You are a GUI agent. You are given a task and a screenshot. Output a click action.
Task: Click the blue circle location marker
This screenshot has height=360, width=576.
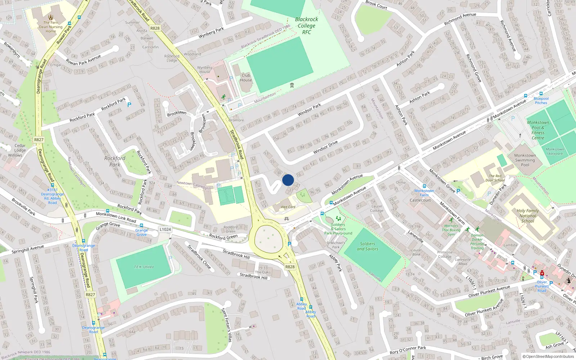[288, 180]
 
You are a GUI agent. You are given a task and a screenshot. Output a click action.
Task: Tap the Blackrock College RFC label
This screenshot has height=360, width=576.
[306, 26]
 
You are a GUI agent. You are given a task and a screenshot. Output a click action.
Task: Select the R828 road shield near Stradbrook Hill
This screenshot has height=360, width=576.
[290, 267]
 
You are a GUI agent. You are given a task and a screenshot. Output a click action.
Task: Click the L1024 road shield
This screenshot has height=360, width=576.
[165, 229]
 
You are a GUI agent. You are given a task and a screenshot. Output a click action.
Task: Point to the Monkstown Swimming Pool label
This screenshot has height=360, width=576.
[525, 160]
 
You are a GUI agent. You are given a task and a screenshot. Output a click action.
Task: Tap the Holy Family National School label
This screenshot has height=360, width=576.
[527, 216]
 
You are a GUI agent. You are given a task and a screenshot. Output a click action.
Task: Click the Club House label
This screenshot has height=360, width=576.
[246, 78]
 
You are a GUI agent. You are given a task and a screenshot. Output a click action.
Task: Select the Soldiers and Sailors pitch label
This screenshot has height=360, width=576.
[367, 246]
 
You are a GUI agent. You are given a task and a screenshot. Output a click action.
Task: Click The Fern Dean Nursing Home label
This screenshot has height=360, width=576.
[51, 27]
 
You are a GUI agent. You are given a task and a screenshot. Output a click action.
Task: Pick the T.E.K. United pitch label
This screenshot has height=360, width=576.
[144, 267]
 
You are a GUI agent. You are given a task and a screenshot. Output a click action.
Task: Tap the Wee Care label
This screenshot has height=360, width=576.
[288, 207]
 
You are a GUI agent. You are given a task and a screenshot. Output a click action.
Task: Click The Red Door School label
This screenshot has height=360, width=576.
[495, 178]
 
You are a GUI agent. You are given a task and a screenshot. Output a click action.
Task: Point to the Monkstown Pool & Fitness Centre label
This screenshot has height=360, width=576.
[538, 130]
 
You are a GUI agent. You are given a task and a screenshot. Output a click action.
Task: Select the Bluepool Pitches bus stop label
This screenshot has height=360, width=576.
[541, 100]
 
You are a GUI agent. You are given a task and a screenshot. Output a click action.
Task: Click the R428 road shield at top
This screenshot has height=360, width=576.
[155, 28]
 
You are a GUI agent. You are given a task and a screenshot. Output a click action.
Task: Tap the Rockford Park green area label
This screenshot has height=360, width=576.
[115, 161]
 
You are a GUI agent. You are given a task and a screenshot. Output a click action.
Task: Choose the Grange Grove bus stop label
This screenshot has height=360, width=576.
[141, 232]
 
